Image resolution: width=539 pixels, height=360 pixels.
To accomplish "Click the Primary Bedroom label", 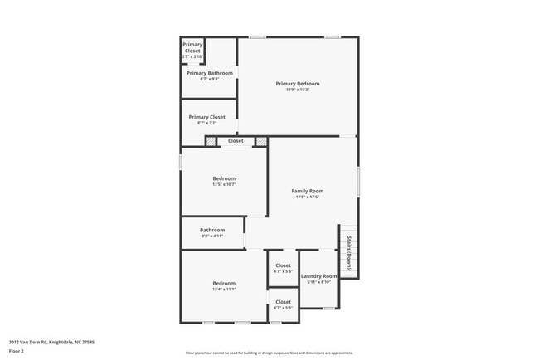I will [x=298, y=84].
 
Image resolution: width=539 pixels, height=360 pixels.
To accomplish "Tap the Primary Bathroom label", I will [x=209, y=73].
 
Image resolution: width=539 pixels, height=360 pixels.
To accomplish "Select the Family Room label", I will [x=307, y=191].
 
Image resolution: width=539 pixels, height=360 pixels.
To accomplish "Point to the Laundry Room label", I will [x=318, y=276].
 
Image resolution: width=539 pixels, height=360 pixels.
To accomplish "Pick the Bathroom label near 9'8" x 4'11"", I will [x=212, y=230].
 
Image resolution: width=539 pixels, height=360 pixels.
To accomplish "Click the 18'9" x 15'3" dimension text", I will [x=298, y=90].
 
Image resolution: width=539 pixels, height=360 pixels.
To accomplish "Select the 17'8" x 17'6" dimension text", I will [x=307, y=197].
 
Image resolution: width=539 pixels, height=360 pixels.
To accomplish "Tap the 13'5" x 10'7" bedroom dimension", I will [x=224, y=184].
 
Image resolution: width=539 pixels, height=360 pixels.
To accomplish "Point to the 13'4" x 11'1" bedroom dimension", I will [x=224, y=289].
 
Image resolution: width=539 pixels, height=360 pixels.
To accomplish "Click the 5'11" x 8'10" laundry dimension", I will [x=318, y=282].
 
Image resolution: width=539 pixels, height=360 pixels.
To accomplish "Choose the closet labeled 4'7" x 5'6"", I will [x=283, y=265].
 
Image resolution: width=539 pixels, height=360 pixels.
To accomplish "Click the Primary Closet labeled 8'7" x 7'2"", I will [x=206, y=117].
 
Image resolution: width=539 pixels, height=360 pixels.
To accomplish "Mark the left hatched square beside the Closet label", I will [x=211, y=141].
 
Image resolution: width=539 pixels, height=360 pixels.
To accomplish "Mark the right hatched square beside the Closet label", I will [x=261, y=141].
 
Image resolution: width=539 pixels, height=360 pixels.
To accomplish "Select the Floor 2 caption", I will [x=16, y=352].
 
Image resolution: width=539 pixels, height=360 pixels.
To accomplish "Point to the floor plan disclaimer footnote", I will [x=269, y=352].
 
